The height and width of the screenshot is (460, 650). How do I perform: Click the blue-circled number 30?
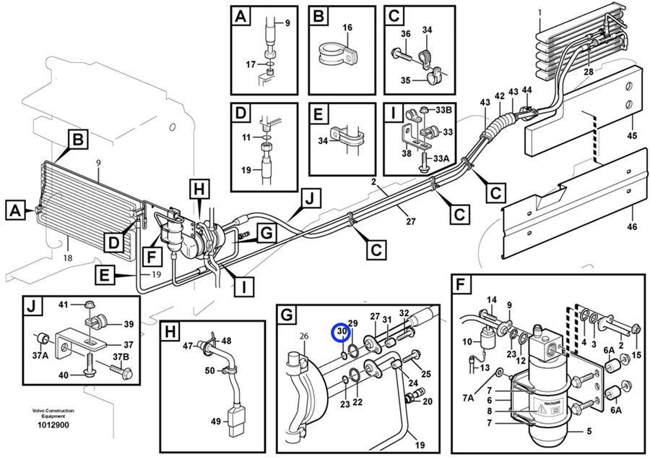(x=342, y=331)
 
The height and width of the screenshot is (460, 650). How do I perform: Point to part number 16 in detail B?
(x=347, y=27)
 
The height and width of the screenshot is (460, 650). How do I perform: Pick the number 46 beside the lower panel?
(x=632, y=228)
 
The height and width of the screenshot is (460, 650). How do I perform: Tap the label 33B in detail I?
(x=443, y=108)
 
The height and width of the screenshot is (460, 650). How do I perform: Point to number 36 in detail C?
(x=405, y=34)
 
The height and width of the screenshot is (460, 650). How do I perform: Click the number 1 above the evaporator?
(x=539, y=12)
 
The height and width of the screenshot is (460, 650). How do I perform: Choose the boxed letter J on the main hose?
(x=311, y=197)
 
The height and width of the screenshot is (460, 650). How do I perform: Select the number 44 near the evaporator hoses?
(x=527, y=90)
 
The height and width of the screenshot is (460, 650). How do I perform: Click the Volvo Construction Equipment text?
(x=53, y=414)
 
